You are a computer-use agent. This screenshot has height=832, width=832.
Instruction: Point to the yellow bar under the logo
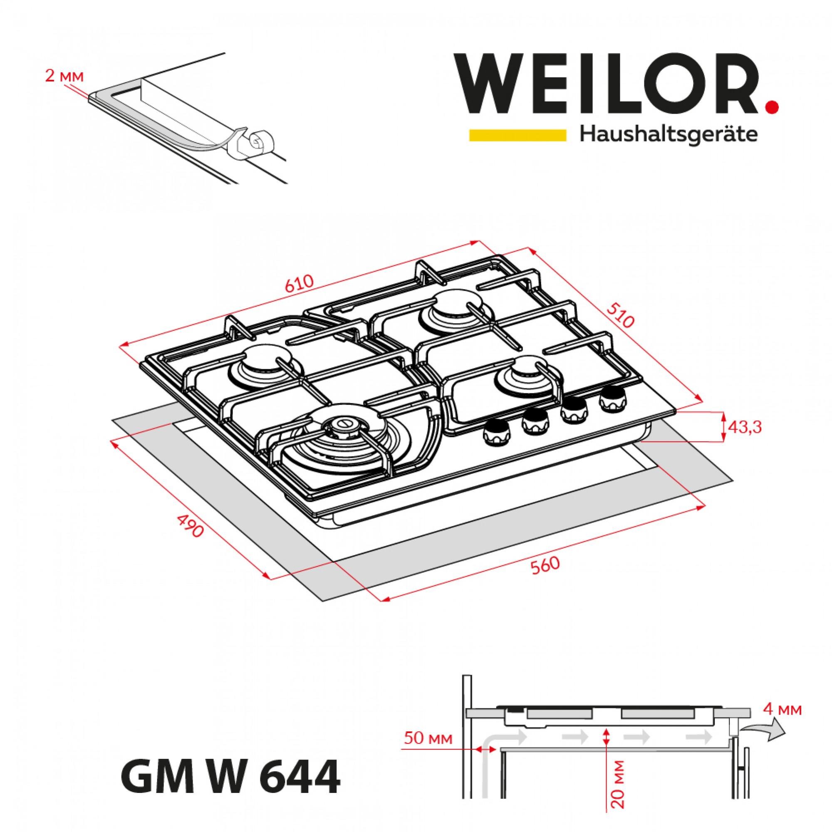517,135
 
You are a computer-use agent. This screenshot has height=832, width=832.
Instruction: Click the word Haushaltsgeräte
669,135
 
